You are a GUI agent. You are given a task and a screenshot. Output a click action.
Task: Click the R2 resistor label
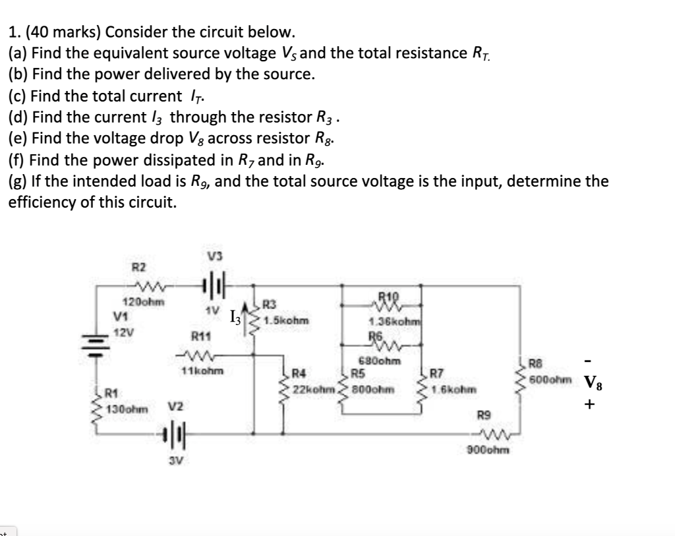(x=139, y=267)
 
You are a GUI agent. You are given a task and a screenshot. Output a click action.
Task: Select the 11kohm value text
(x=202, y=371)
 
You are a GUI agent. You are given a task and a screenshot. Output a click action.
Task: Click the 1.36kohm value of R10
(x=389, y=322)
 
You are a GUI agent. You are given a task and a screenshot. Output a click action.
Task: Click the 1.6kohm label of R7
(x=454, y=390)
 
